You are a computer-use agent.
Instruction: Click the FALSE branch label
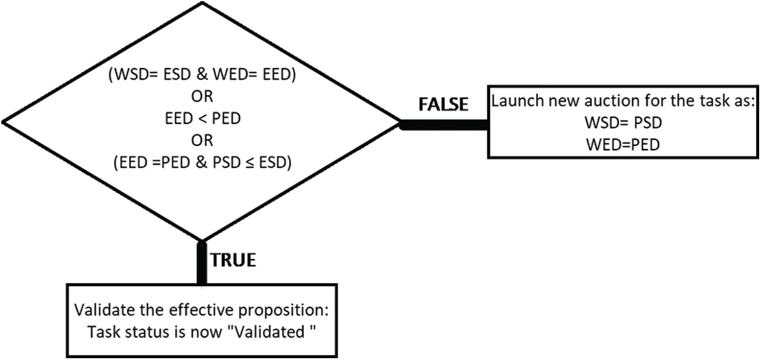tap(443, 104)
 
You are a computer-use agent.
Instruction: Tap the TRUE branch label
tap(233, 260)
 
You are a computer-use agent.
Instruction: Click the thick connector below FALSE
tap(444, 125)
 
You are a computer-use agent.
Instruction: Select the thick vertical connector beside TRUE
tap(202, 262)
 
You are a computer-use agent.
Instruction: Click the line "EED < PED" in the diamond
tap(203, 119)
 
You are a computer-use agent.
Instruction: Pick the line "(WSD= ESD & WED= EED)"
tap(202, 75)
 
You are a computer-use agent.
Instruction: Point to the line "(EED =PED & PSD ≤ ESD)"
tap(203, 162)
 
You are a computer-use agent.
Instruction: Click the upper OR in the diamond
tap(202, 96)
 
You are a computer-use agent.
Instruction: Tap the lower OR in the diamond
tap(202, 140)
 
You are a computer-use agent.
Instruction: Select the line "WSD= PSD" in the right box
tap(623, 122)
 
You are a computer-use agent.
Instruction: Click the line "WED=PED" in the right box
tap(623, 145)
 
